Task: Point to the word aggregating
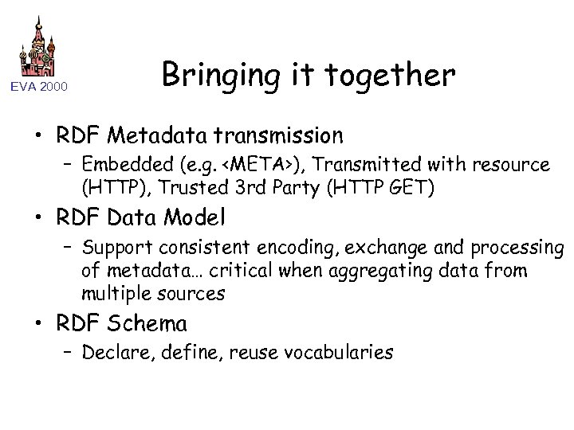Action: (384, 270)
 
